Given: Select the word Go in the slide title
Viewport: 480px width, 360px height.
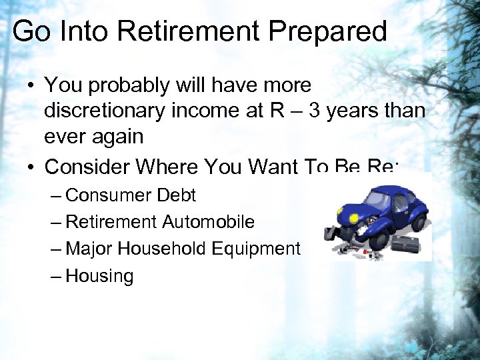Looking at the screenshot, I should click(29, 31).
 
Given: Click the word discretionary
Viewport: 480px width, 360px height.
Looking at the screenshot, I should click(105, 111).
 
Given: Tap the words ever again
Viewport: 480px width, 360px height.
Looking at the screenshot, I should click(93, 136).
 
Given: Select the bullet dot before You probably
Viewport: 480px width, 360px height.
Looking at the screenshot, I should click(31, 86).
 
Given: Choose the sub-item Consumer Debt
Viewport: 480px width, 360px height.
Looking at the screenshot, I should click(131, 195).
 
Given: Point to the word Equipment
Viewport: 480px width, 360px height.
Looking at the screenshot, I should click(256, 249).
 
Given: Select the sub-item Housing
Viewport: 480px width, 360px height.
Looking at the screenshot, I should click(99, 276).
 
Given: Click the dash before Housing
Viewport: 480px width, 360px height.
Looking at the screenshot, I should click(57, 276).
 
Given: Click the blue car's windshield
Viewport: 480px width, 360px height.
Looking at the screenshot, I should click(377, 199).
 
